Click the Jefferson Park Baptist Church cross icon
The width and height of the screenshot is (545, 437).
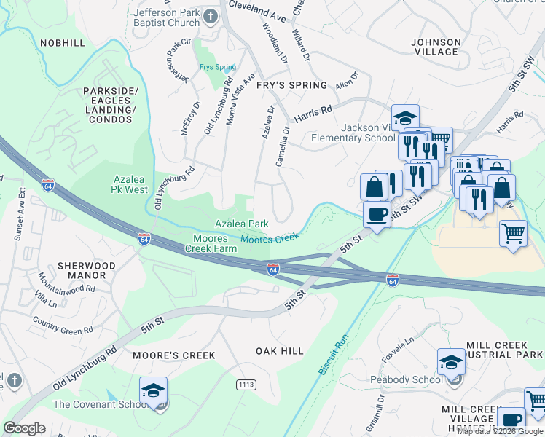coord(211,16)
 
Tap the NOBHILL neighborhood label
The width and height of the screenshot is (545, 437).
coord(63,43)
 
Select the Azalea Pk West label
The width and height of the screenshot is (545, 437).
coord(130,184)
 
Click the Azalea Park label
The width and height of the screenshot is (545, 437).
coord(241,224)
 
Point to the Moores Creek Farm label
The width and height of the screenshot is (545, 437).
coord(215,243)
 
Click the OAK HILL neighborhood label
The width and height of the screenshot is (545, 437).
coord(280,351)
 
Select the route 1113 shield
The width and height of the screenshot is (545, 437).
coord(246,384)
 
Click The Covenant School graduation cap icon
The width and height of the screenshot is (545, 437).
coord(154,390)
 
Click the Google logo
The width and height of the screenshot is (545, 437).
coord(24,428)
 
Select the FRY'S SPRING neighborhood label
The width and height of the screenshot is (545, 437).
coord(291,85)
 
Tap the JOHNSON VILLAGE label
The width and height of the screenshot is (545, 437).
coord(436,47)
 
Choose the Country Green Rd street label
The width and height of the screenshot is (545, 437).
coord(63,326)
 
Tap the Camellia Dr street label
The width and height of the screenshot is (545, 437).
coord(283,146)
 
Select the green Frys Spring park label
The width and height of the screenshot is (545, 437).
coord(218,68)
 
